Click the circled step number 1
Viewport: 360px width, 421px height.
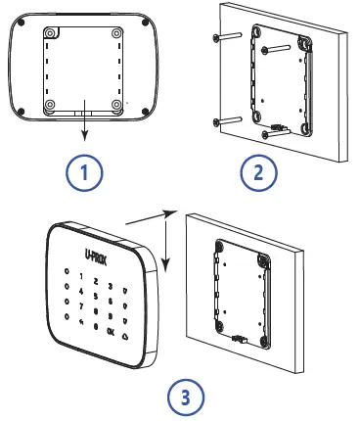click(84, 173)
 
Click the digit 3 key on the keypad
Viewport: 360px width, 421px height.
click(112, 285)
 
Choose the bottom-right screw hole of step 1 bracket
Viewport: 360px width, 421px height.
click(117, 106)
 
